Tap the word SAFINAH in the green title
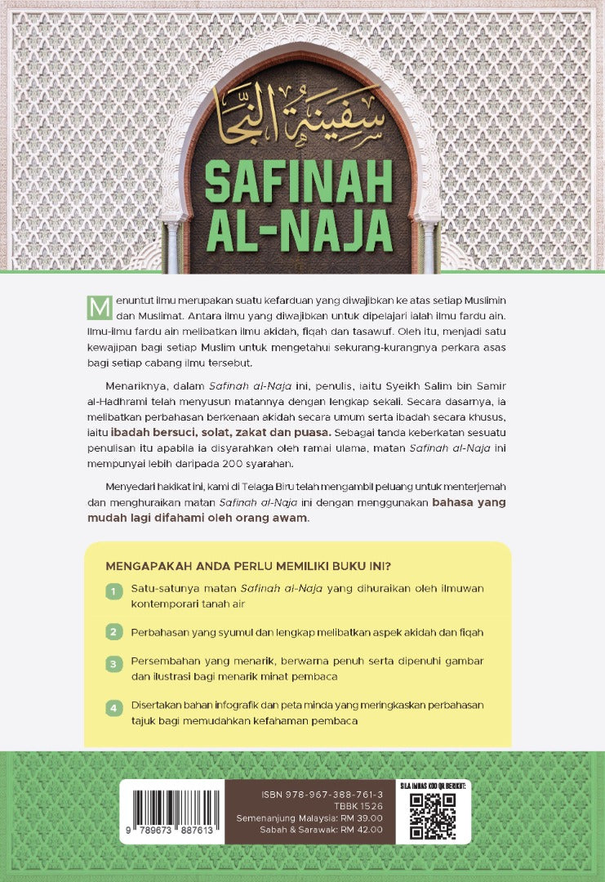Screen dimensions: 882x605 [299, 181]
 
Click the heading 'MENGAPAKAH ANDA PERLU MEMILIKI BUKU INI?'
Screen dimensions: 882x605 [248, 565]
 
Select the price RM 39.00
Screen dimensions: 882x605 [360, 817]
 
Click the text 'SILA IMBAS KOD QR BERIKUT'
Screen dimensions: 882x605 [434, 786]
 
